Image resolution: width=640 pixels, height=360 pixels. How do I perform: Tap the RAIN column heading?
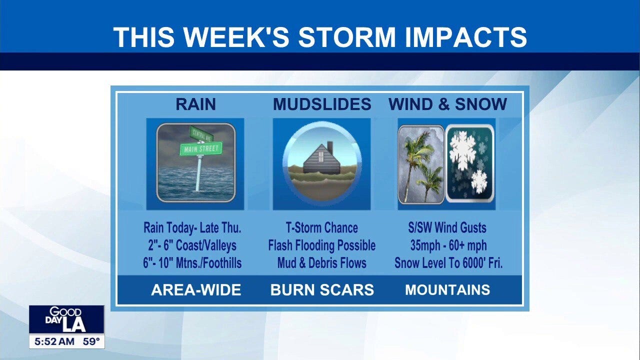(195, 104)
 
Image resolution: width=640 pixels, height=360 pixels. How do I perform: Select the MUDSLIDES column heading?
(322, 104)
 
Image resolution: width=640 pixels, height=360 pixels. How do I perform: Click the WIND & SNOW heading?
(447, 104)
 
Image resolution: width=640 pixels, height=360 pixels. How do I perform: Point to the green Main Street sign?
(202, 148)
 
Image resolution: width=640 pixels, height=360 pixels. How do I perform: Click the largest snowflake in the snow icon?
(463, 149)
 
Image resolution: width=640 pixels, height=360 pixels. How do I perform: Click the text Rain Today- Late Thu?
(192, 228)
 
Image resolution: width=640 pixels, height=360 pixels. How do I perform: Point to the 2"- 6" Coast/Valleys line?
(192, 245)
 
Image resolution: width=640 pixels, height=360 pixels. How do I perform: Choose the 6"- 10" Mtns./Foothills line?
(192, 263)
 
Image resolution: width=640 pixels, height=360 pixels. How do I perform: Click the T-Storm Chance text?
(321, 228)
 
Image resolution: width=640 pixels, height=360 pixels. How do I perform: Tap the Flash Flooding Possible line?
(321, 245)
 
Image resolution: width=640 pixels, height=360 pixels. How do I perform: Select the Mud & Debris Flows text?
(321, 263)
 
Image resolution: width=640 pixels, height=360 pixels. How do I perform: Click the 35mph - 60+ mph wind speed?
(447, 245)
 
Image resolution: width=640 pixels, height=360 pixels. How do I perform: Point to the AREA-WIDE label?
(196, 290)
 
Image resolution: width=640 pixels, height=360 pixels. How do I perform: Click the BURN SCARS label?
(322, 290)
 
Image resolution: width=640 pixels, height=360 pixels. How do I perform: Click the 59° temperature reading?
(91, 342)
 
